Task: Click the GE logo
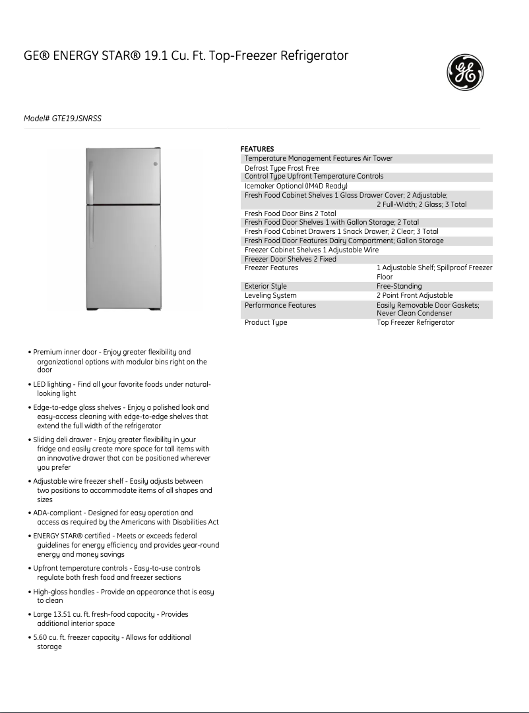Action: click(465, 72)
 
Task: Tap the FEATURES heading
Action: click(257, 149)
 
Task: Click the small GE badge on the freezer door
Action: click(155, 164)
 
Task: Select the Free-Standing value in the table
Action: click(399, 287)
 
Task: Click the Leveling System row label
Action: click(270, 296)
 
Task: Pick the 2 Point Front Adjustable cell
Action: click(414, 296)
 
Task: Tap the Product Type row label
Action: click(266, 323)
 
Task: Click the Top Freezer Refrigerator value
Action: click(416, 323)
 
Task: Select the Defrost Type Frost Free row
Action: click(282, 168)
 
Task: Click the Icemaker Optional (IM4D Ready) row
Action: click(296, 186)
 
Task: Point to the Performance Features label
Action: click(280, 305)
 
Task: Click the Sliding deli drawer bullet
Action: click(66, 440)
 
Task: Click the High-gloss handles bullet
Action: click(65, 592)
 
